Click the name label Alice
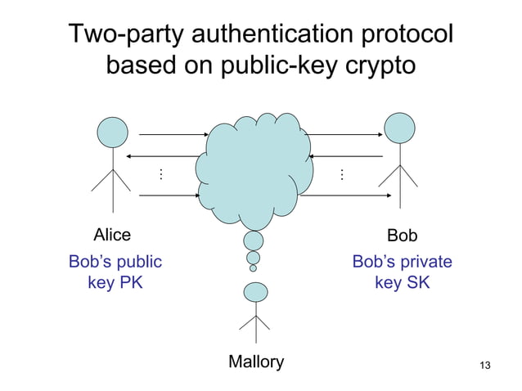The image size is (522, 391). tap(112, 235)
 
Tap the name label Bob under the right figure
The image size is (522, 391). tap(402, 236)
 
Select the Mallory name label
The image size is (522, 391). tap(256, 362)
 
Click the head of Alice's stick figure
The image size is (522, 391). tap(113, 133)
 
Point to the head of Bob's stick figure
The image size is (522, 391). tap(401, 128)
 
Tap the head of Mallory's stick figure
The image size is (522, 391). tap(256, 291)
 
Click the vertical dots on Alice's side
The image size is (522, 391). tap(161, 174)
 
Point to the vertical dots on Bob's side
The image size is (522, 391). tap(340, 174)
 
